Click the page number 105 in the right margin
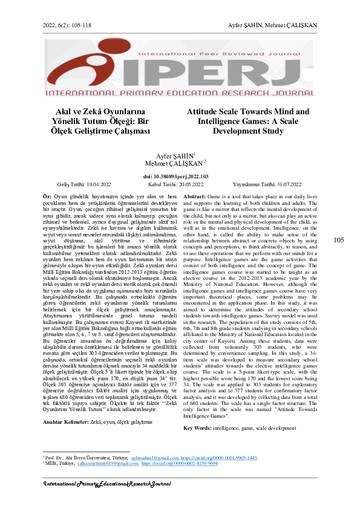[x=339, y=240]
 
